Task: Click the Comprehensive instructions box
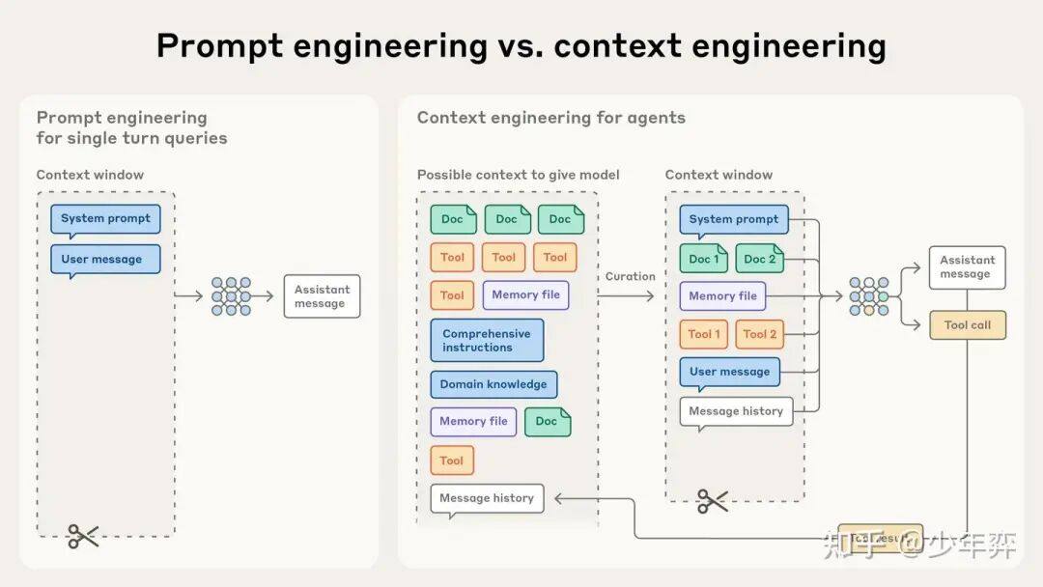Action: point(487,341)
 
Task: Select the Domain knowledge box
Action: point(493,384)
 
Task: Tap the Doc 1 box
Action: point(704,259)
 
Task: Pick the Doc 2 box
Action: point(760,259)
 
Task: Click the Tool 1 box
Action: point(704,334)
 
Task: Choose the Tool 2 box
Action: point(760,334)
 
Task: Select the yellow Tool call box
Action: point(967,325)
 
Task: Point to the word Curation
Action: point(630,276)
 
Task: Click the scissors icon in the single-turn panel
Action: point(83,536)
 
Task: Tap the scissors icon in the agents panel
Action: point(713,500)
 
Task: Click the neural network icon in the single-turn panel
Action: point(231,296)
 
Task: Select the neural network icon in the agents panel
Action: point(868,296)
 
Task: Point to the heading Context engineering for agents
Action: point(551,118)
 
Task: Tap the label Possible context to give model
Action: point(518,175)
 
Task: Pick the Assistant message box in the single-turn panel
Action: point(322,296)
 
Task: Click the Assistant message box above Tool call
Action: point(967,267)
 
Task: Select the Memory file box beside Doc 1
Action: point(722,296)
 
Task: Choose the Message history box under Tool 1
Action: point(736,411)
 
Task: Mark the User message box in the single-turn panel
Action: point(105,260)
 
